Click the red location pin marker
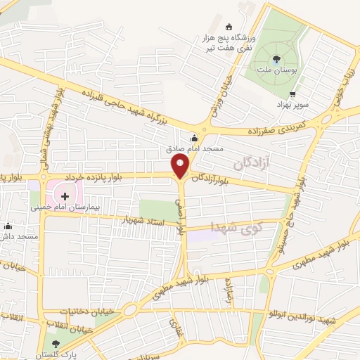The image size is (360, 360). click(x=181, y=167)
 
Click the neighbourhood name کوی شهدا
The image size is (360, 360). click(x=236, y=226)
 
